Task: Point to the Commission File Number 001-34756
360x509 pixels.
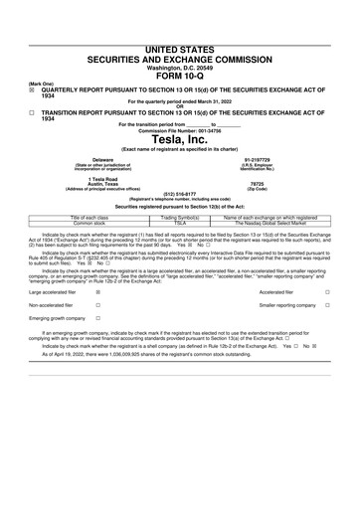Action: (x=179, y=129)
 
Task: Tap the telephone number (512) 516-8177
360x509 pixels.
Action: (x=179, y=194)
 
